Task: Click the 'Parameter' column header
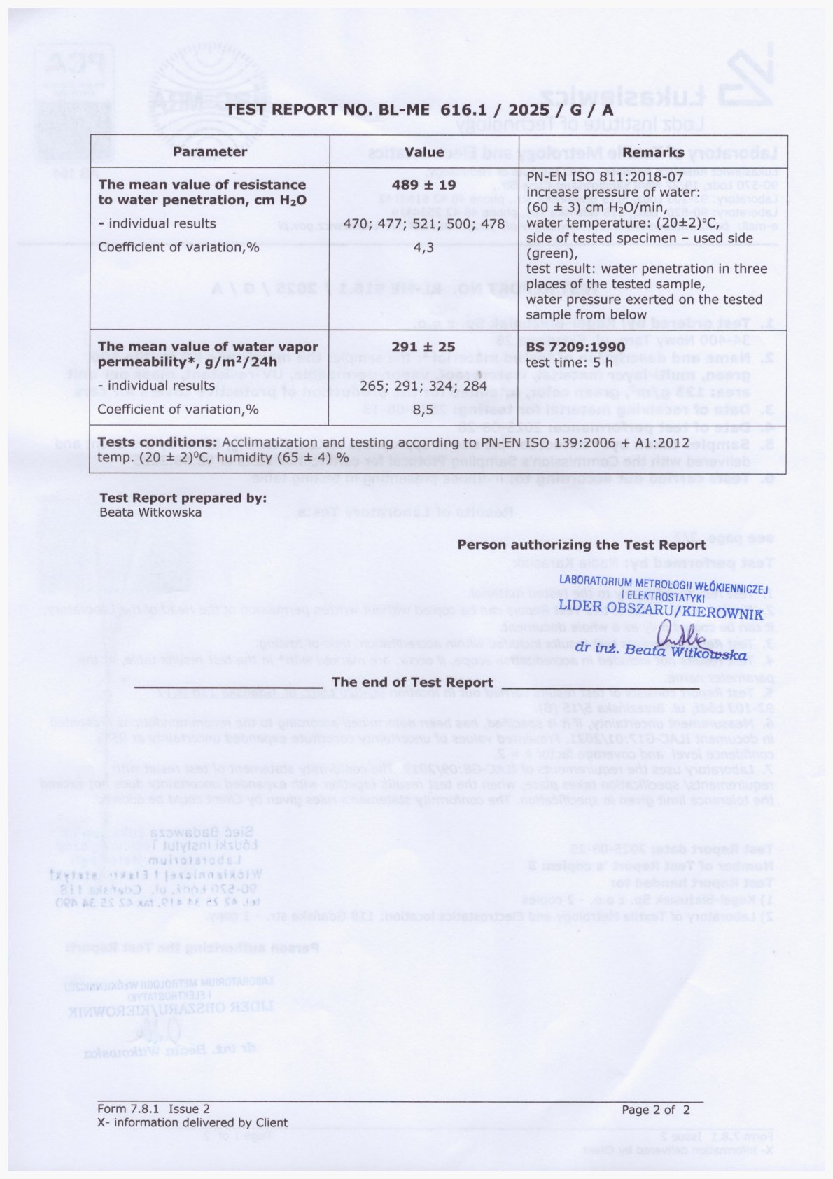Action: click(x=210, y=152)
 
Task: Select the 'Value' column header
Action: click(x=424, y=152)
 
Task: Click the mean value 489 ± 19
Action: click(x=424, y=185)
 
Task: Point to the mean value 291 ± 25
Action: click(x=423, y=347)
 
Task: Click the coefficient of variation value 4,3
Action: click(x=424, y=247)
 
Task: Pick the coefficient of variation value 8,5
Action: click(x=423, y=410)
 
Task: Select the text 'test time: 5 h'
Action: click(x=569, y=363)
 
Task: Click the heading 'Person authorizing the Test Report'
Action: click(x=582, y=545)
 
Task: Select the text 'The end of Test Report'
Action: click(x=412, y=682)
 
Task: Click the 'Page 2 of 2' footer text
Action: click(x=656, y=1110)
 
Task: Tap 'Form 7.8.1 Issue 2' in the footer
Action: click(x=153, y=1110)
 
